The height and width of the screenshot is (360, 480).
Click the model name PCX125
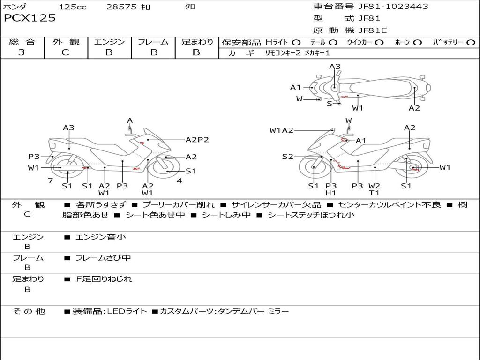point(30,18)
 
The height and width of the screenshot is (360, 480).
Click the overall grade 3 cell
point(22,52)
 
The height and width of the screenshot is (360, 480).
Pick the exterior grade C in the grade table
point(65,52)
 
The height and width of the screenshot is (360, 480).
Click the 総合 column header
point(22,42)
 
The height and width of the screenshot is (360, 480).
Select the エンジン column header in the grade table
point(109,42)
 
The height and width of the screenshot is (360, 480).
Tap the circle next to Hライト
point(296,42)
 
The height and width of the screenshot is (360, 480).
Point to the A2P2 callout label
point(197,139)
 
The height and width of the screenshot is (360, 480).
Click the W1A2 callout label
point(281,130)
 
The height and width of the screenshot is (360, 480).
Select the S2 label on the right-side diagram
point(287,157)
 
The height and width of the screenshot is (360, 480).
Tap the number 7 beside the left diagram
point(50,181)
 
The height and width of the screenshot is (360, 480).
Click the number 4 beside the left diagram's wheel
point(179,181)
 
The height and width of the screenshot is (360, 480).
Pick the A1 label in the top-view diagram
point(295,87)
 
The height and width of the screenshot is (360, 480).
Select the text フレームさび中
point(103,258)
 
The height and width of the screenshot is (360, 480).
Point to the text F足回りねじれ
point(104,279)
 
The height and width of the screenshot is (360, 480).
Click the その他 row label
point(29,311)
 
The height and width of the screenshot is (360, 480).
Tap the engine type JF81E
point(372,30)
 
